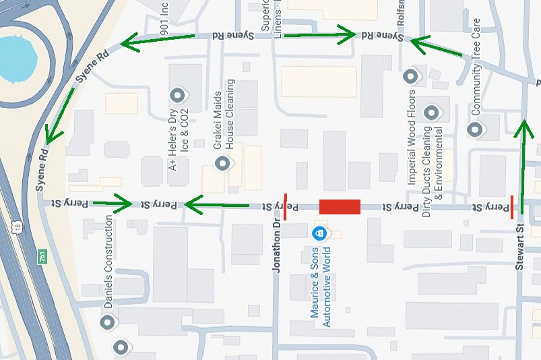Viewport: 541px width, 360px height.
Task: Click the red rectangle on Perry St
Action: tap(340, 207)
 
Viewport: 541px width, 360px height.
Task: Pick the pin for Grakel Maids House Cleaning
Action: tap(222, 163)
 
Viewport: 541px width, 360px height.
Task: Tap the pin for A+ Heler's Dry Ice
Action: tap(178, 95)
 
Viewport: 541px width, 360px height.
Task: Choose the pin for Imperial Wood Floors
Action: tap(411, 77)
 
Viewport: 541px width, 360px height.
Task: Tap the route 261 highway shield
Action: tap(42, 256)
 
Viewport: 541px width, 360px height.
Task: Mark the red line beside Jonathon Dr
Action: tap(285, 207)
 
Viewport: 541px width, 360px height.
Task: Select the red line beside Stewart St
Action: tap(512, 207)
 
